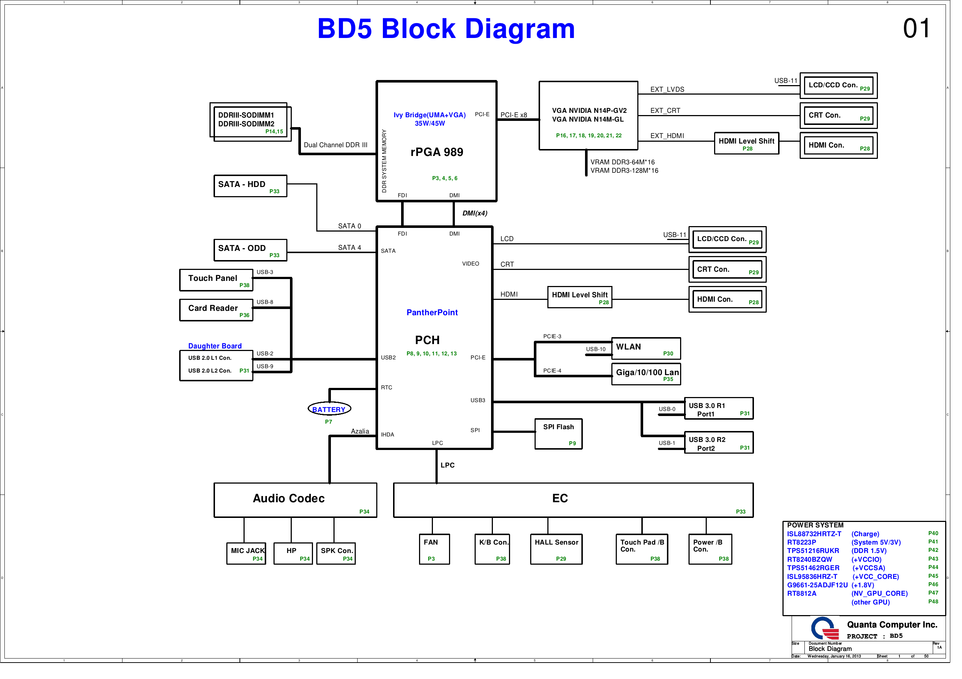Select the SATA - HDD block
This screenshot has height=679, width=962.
point(250,186)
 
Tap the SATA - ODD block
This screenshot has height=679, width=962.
point(250,250)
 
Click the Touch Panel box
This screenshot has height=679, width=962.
point(216,280)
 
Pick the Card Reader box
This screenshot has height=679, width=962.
point(216,310)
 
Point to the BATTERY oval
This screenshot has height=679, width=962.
point(329,409)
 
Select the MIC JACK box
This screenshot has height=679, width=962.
point(246,553)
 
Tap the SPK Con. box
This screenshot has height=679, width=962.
point(336,553)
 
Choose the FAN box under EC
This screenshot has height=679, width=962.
point(434,549)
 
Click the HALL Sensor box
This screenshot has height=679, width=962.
point(556,549)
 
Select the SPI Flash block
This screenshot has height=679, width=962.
point(558,434)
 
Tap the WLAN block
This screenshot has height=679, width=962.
point(646,348)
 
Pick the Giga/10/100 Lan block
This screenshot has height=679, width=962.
point(646,374)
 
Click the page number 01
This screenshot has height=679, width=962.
point(916,29)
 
